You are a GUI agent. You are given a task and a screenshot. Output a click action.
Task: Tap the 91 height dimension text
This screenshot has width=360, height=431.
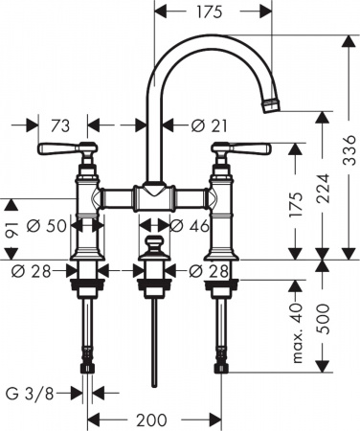pos(11,227)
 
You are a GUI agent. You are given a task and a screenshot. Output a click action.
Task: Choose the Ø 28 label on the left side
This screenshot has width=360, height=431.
pos(30,271)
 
